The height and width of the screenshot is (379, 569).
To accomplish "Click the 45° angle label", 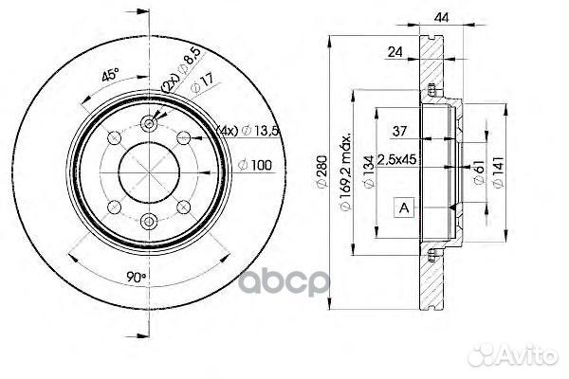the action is click(x=110, y=75).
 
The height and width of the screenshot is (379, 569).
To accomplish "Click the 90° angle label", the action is click(x=136, y=278).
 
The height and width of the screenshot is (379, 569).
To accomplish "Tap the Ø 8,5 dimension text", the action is click(x=189, y=61).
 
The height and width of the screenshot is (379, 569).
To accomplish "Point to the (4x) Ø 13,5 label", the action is click(x=248, y=131).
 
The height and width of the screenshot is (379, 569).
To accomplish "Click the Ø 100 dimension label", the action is click(x=255, y=166).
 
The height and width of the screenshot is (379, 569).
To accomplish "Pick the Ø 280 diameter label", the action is click(x=322, y=171).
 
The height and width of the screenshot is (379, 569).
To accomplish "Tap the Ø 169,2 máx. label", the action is click(x=345, y=171).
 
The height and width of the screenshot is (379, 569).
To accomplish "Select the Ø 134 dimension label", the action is click(x=368, y=171).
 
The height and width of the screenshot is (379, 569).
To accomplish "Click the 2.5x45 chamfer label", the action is click(x=397, y=159).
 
